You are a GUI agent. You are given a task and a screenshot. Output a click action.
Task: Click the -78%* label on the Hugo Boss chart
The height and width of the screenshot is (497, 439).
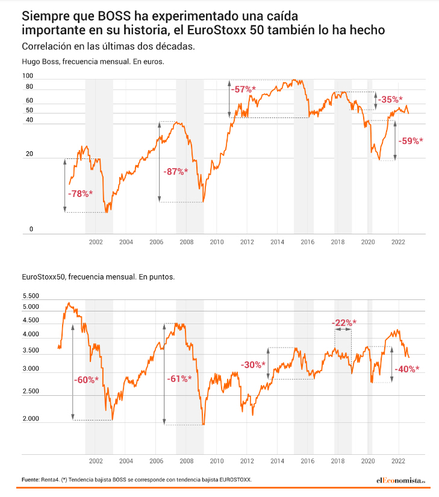click(79, 193)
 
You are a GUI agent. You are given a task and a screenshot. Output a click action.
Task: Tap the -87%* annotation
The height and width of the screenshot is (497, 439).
click(176, 172)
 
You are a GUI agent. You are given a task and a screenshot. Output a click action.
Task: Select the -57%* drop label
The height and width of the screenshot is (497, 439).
click(243, 90)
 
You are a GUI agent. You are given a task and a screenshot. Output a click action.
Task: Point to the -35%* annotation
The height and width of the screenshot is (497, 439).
click(390, 100)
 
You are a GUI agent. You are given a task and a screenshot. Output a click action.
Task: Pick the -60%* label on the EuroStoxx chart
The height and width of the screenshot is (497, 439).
click(86, 380)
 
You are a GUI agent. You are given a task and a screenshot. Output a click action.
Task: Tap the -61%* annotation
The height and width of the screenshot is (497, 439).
click(179, 379)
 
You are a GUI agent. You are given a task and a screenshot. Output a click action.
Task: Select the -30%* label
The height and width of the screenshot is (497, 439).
click(253, 365)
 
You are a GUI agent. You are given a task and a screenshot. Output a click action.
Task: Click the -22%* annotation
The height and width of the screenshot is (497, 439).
click(344, 322)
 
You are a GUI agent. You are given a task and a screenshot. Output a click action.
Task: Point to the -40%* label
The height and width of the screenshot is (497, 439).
click(406, 369)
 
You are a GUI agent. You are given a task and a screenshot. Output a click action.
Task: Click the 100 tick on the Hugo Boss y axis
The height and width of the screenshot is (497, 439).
click(27, 76)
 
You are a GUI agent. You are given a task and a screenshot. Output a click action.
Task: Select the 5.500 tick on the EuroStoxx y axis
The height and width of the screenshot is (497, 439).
click(31, 296)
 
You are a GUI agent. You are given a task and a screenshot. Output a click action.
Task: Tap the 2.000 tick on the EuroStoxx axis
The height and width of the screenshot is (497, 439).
click(31, 419)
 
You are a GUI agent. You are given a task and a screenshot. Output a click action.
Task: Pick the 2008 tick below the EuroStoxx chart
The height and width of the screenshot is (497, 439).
click(186, 461)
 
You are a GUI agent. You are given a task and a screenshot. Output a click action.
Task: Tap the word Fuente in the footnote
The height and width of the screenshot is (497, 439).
click(30, 480)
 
